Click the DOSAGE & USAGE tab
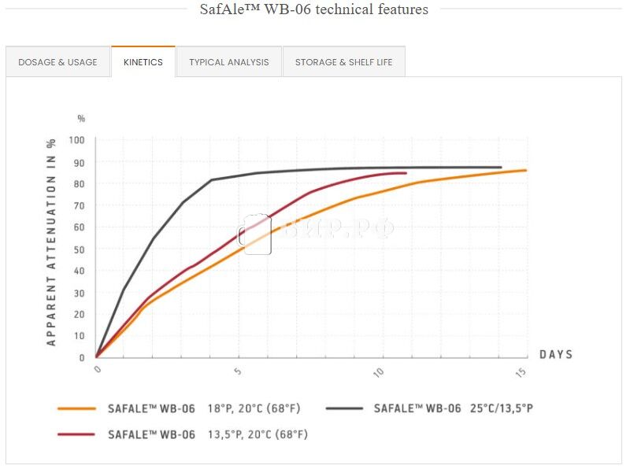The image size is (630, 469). click(57, 62)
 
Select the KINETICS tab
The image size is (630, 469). click(143, 62)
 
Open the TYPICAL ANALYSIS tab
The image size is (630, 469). click(228, 62)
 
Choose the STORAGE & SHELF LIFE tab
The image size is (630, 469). click(343, 62)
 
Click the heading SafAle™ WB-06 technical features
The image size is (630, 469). click(313, 9)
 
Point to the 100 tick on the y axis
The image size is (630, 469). click(76, 140)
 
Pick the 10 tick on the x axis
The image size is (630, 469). click(380, 371)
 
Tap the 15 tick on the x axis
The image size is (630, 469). click(521, 371)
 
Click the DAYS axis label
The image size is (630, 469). click(556, 355)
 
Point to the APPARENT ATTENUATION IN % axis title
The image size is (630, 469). click(51, 242)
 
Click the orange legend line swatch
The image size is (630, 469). click(77, 408)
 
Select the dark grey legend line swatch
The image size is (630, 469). click(343, 408)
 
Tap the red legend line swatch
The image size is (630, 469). click(77, 434)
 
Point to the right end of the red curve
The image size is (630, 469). click(406, 173)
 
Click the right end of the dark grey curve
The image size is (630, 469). click(501, 167)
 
